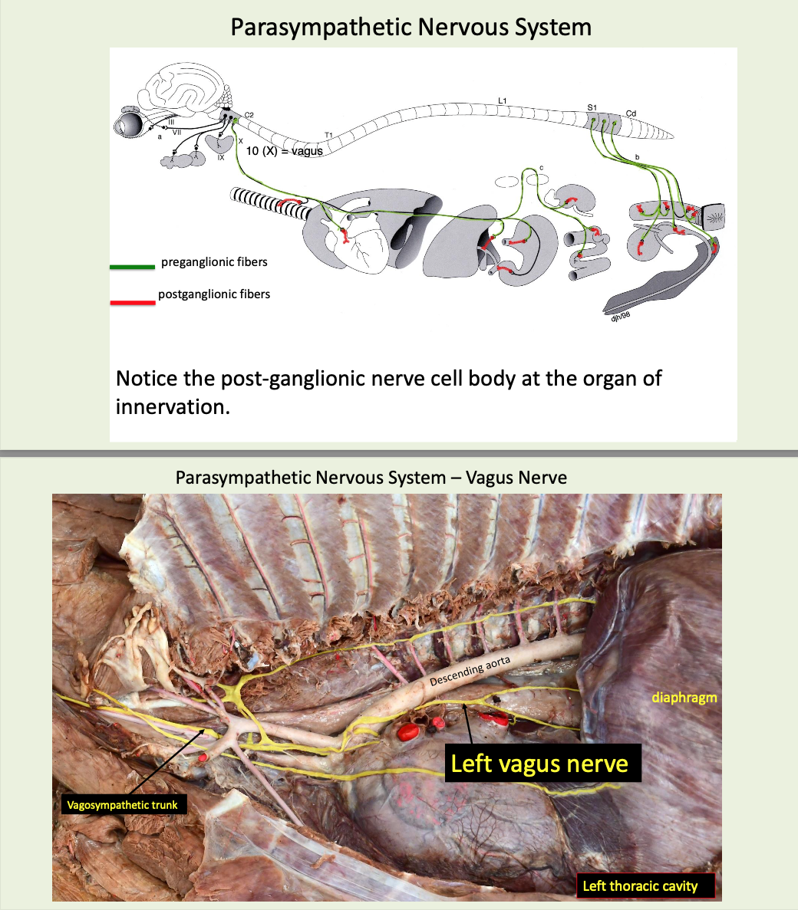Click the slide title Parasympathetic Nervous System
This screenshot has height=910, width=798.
[411, 28]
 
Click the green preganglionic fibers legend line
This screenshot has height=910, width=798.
[132, 268]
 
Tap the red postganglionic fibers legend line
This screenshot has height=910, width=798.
[132, 303]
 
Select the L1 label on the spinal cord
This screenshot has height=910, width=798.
[503, 100]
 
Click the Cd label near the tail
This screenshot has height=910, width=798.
[631, 113]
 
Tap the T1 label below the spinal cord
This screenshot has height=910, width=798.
[328, 136]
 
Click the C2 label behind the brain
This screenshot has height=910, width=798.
[249, 116]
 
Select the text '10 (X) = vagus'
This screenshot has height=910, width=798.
[284, 151]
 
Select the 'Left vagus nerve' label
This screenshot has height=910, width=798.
[539, 764]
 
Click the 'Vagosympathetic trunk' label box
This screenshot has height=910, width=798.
[122, 805]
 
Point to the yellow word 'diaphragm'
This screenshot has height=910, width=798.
[684, 698]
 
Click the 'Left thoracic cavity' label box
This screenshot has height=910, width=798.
[640, 886]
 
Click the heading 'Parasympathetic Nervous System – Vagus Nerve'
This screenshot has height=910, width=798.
[371, 478]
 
